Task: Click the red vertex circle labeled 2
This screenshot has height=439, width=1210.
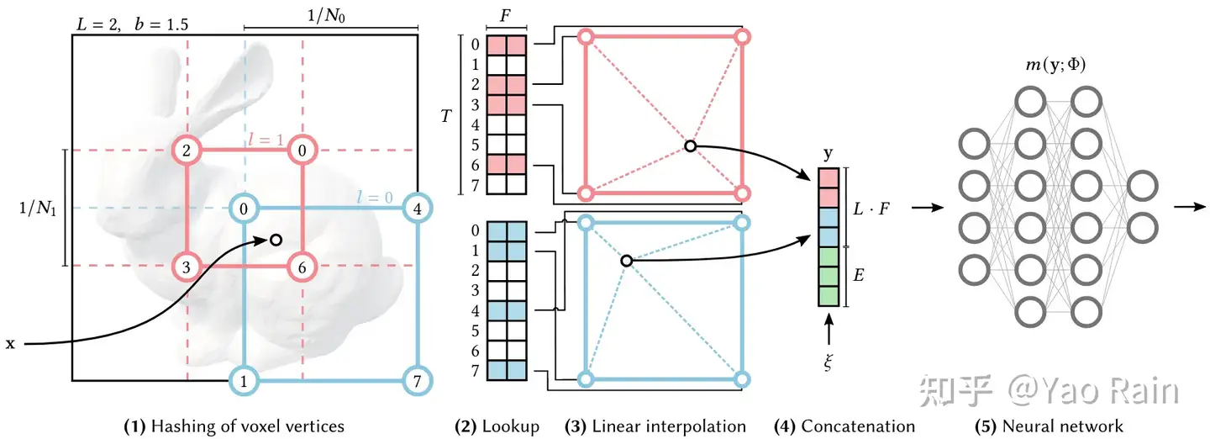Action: coord(187,151)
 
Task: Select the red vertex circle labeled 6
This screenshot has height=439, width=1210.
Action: coord(302,267)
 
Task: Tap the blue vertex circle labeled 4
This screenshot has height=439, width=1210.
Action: coord(417,208)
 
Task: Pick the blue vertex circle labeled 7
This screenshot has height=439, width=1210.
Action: coord(417,380)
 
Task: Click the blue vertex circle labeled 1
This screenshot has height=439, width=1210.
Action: coord(244,380)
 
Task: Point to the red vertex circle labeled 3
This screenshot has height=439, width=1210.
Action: coord(187,267)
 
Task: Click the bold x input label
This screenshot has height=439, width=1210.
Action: coord(10,344)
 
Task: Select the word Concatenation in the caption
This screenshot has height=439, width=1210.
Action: coord(858,426)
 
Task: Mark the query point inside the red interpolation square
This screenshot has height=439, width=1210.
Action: coord(689,146)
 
